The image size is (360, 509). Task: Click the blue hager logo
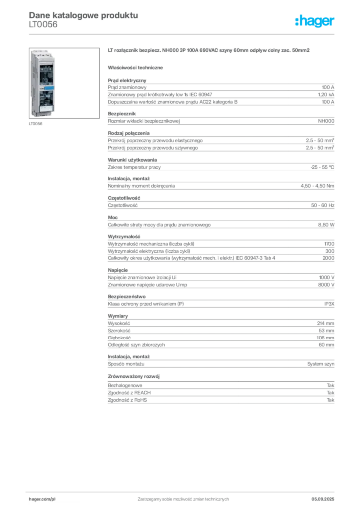[x=315, y=21]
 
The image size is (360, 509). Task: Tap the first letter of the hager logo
[x=297, y=21]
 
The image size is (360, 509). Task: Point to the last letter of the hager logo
[x=333, y=22]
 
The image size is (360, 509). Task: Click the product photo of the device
[x=43, y=84]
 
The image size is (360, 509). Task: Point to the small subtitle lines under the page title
[x=44, y=27]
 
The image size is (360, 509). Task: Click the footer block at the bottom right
[x=326, y=498]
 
